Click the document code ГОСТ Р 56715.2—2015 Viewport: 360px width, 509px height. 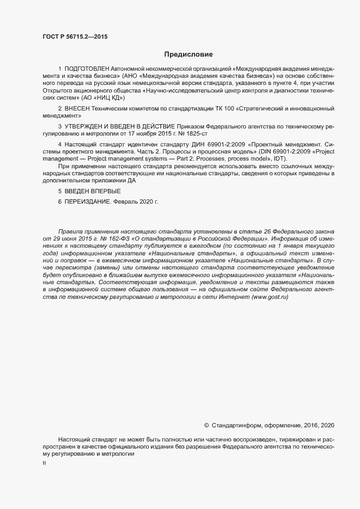75,36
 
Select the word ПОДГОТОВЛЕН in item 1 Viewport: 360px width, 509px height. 87,70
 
